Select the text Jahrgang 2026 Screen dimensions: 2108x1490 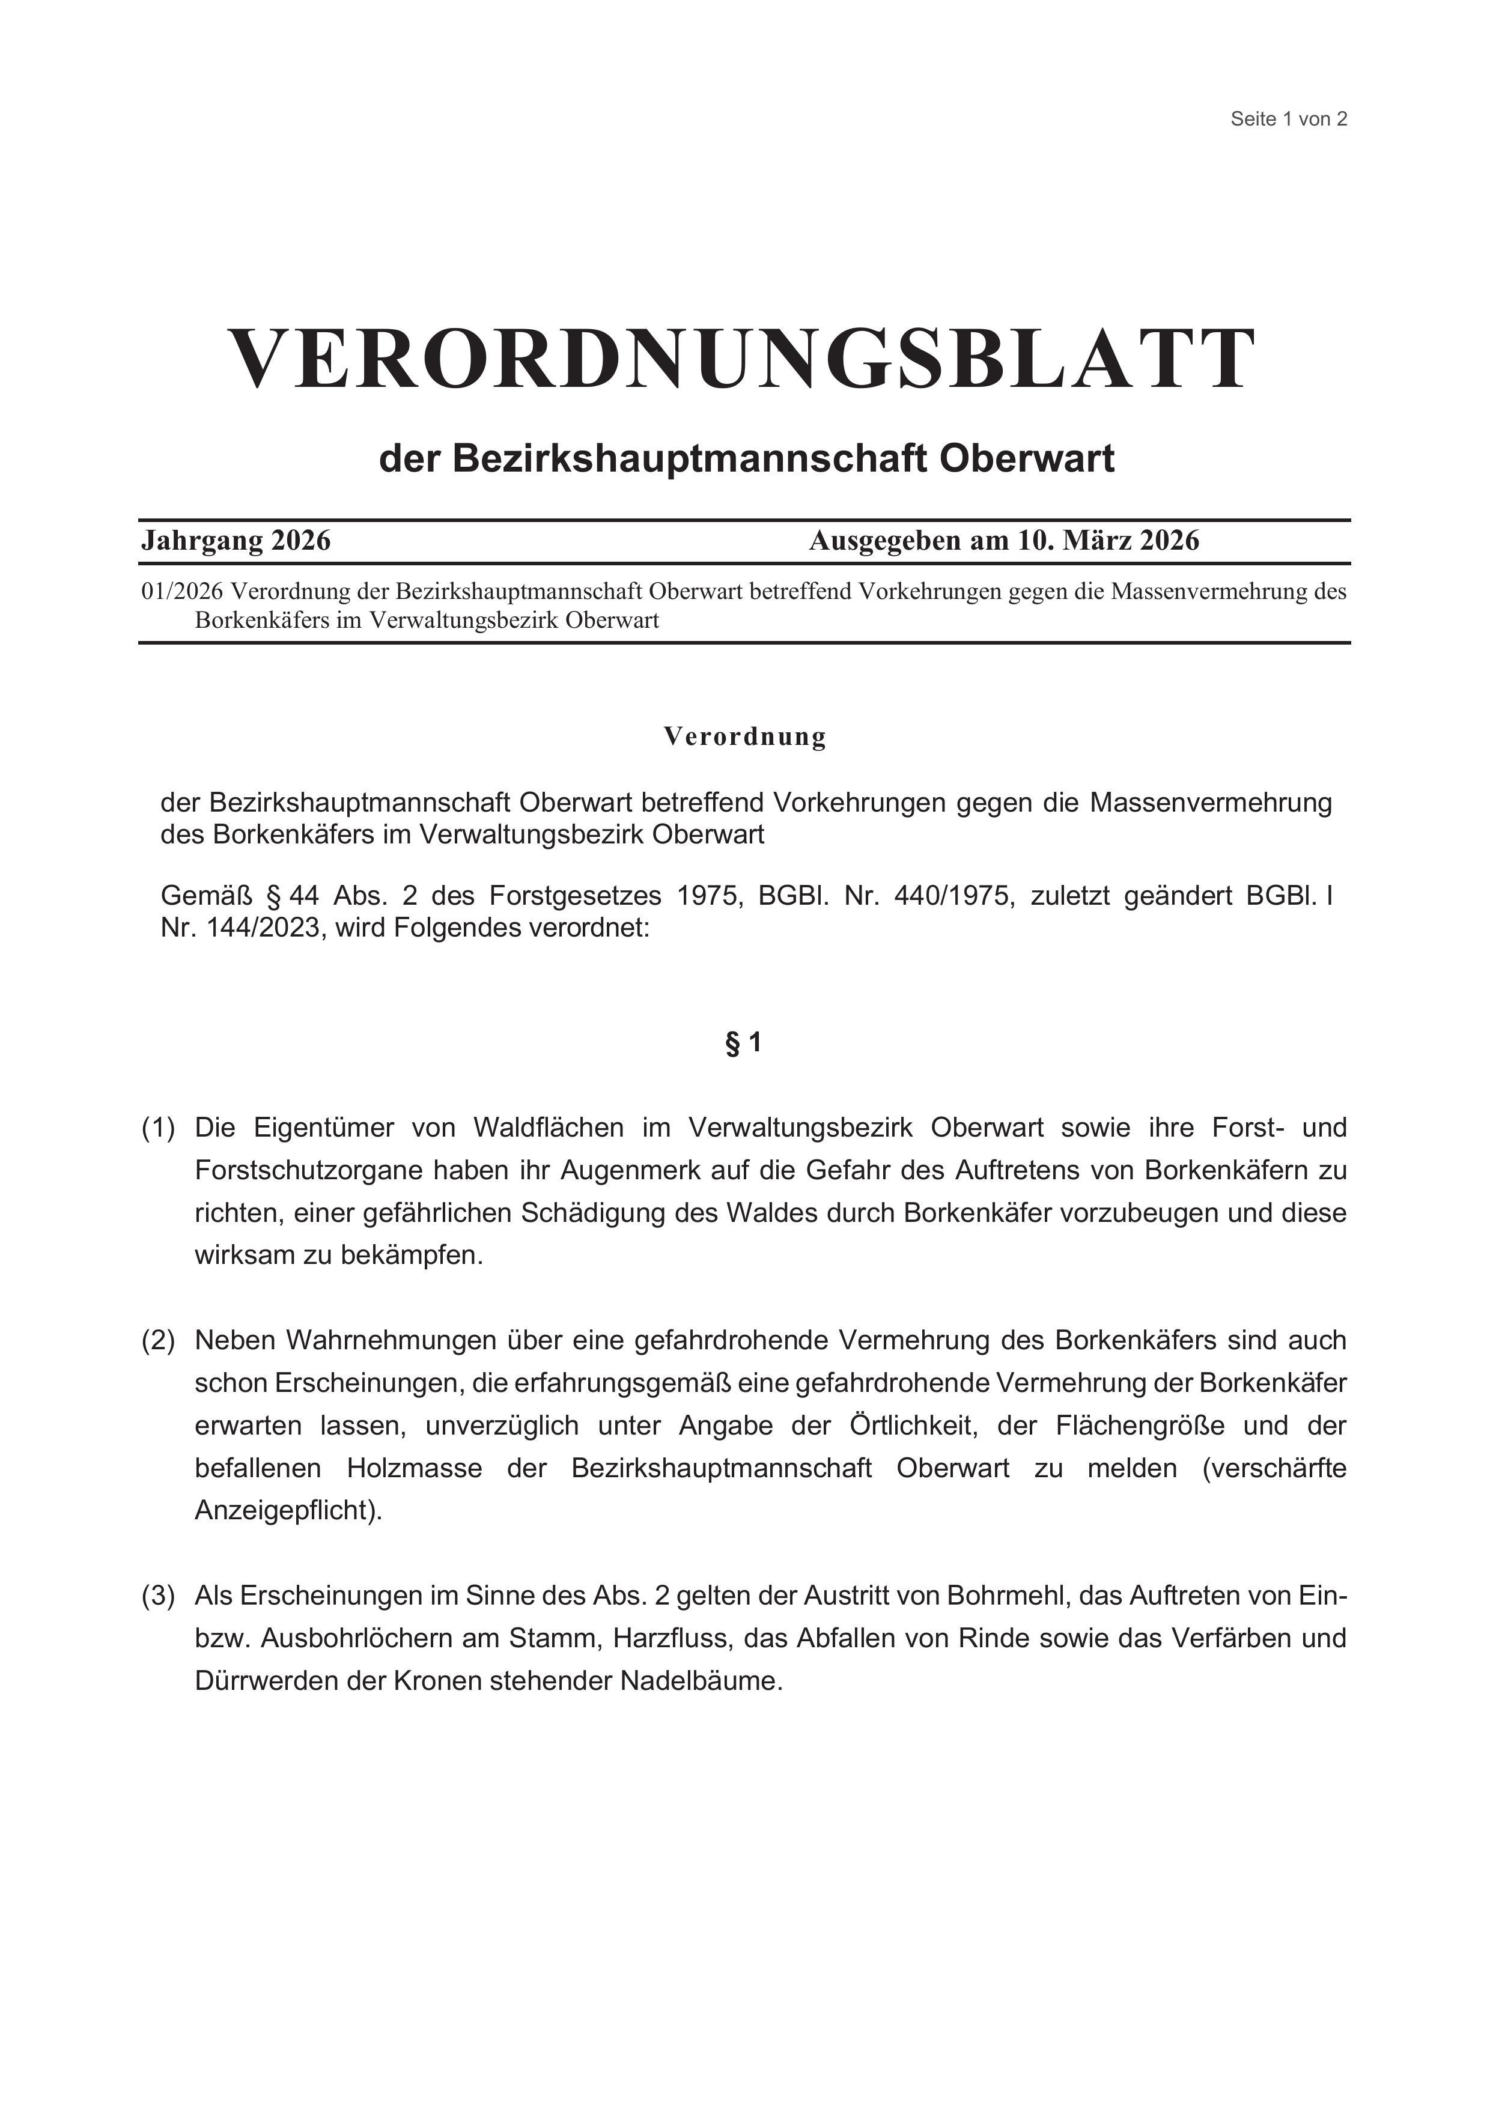click(236, 541)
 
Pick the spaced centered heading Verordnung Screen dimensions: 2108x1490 click(744, 737)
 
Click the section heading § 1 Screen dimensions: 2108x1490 click(744, 1043)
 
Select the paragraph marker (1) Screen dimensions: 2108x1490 click(158, 1128)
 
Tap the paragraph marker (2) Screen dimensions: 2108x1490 click(158, 1340)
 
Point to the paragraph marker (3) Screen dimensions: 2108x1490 click(158, 1596)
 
